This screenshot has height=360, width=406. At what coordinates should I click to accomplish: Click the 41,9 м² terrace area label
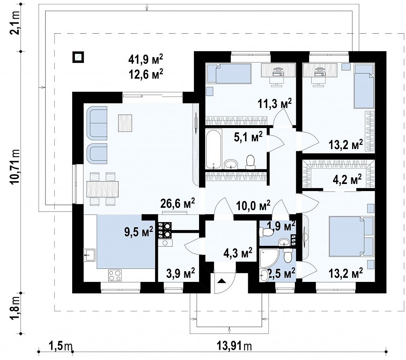[146, 59]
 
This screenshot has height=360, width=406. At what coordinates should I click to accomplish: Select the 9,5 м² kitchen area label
[139, 231]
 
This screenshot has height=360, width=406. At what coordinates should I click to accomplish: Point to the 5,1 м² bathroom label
[248, 137]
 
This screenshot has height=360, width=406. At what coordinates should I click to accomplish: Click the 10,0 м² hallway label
[253, 206]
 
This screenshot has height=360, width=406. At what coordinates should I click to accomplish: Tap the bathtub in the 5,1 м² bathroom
[214, 149]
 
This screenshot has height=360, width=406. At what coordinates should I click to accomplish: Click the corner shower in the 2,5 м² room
[269, 259]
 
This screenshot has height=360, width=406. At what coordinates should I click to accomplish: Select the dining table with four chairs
[103, 189]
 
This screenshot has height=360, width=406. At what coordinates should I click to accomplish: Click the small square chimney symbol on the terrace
[78, 57]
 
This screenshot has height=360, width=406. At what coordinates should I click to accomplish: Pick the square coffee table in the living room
[125, 123]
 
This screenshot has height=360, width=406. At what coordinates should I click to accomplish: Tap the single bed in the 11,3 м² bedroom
[229, 74]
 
